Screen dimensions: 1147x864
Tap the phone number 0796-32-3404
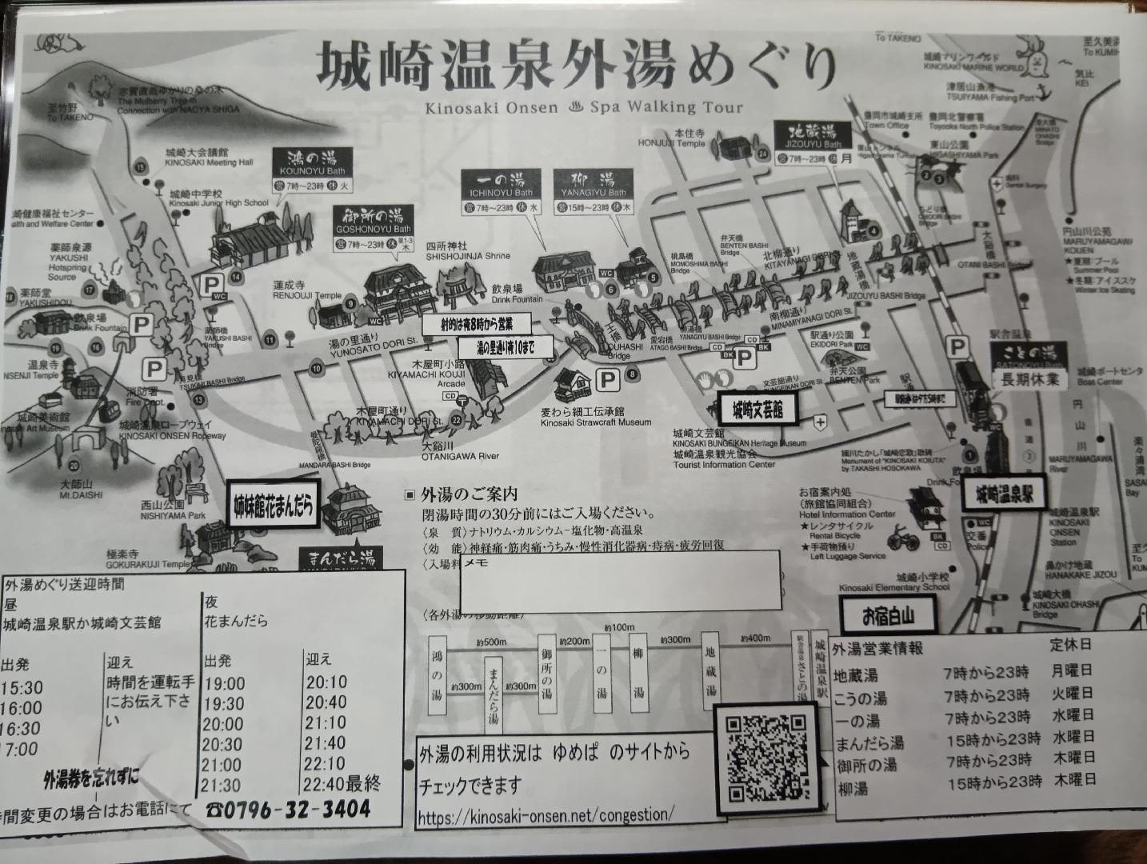point(289,810)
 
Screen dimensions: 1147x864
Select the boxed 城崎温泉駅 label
point(1003,494)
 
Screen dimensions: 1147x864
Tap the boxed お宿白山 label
point(887,617)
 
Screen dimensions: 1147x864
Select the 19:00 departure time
point(224,684)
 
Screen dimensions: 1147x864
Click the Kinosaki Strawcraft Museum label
point(595,422)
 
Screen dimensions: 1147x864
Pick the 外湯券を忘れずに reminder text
point(90,776)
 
